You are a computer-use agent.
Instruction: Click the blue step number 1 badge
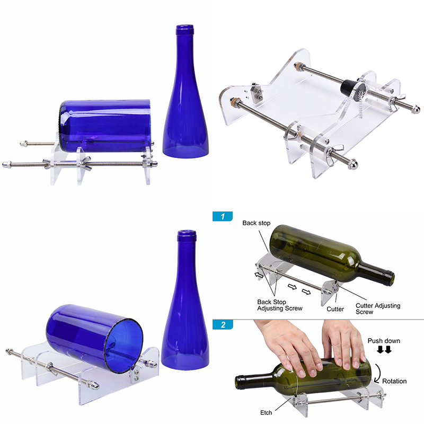coord(223,216)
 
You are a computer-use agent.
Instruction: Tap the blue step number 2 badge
coord(223,324)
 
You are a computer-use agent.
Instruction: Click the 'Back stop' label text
coord(257,223)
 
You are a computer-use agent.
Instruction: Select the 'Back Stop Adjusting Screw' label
coord(280,305)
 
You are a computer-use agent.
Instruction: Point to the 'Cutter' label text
coord(335,309)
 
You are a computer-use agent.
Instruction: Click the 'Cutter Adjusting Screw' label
coord(378,308)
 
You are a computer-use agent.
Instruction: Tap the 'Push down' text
coord(384,341)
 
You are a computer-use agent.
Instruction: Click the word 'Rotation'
coord(394,381)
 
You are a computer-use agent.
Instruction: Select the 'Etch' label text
coord(266,413)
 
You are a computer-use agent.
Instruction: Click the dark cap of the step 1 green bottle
coord(388,278)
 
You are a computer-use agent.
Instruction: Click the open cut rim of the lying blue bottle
coord(124,346)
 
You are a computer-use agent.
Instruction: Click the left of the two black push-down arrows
coord(380,350)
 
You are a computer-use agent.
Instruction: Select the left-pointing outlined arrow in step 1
coord(259,275)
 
